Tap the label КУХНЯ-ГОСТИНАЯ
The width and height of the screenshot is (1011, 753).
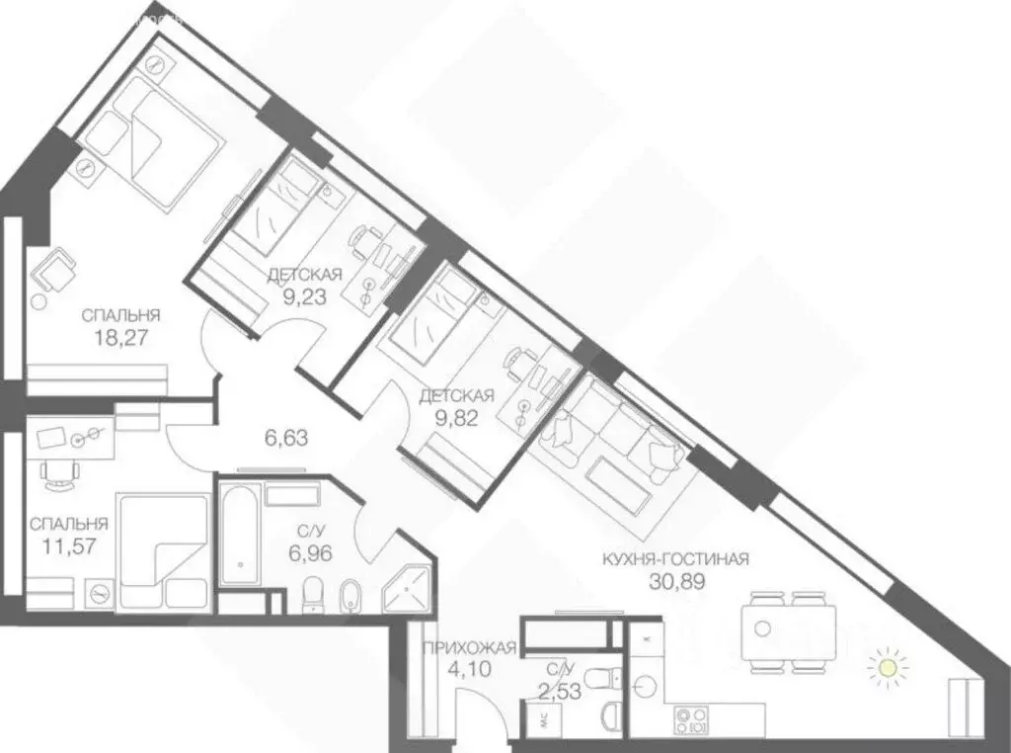coord(675,559)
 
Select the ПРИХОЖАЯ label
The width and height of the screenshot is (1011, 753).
coord(469,648)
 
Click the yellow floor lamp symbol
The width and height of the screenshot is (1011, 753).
coord(888,669)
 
